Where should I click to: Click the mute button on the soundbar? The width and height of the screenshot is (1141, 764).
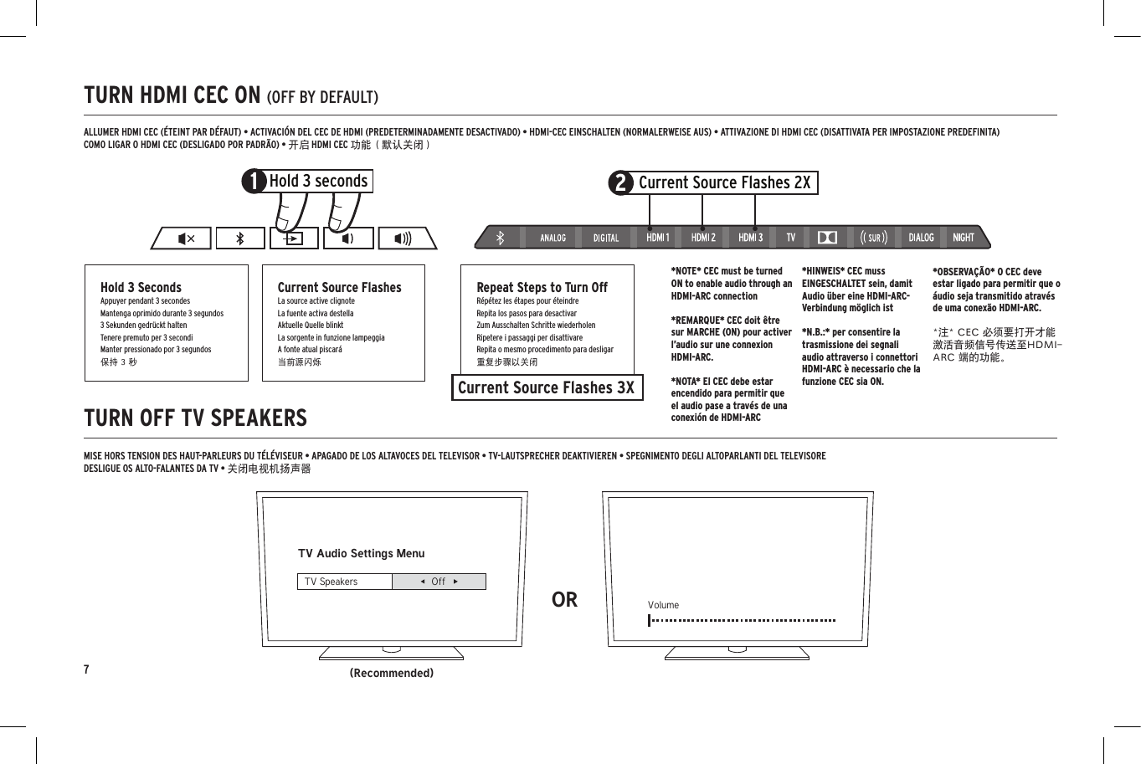[x=186, y=238]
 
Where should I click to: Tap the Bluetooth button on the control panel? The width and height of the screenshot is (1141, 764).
[x=239, y=238]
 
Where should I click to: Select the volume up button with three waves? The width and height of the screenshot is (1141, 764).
[x=403, y=238]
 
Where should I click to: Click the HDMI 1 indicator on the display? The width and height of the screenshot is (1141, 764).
[x=657, y=238]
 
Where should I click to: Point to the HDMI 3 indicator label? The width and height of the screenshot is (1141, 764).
[x=750, y=238]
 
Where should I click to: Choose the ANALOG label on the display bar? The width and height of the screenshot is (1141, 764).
[x=553, y=238]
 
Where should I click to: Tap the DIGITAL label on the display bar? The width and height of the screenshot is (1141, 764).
[x=606, y=238]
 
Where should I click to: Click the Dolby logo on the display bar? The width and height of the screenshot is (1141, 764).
[x=827, y=238]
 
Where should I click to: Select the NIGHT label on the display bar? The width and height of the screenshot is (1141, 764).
[x=963, y=238]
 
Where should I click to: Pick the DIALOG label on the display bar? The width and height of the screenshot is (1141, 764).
[x=921, y=238]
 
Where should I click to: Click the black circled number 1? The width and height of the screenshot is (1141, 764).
[x=254, y=182]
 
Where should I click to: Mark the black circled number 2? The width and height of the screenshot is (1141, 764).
[x=620, y=183]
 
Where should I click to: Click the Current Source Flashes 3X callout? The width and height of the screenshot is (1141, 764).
[x=547, y=387]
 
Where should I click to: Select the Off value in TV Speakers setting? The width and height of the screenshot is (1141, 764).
[x=439, y=582]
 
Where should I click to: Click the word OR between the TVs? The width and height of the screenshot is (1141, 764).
[x=564, y=600]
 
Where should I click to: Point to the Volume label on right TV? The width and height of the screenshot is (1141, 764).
[x=663, y=605]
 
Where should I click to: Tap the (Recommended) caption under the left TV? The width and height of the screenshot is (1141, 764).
[x=391, y=673]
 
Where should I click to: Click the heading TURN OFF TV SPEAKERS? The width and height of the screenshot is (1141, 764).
[x=195, y=418]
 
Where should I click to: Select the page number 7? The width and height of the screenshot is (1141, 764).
[x=86, y=669]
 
